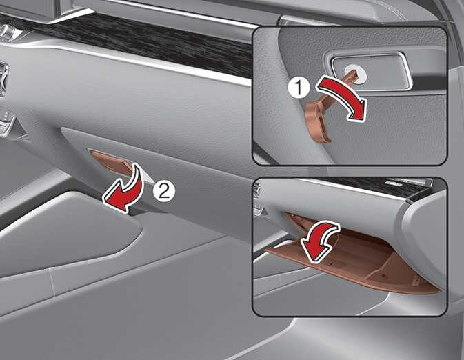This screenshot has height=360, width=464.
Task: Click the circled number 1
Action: (299, 88)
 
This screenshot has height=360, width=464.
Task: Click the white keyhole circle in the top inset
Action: (356, 72)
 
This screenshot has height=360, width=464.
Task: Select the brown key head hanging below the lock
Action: (319, 122)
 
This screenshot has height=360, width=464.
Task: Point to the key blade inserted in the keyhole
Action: (351, 77)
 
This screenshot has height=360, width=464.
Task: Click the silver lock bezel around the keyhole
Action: (371, 70)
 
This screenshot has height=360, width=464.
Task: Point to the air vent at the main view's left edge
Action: (3, 79)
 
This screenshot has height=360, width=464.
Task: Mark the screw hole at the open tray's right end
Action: (416, 279)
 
